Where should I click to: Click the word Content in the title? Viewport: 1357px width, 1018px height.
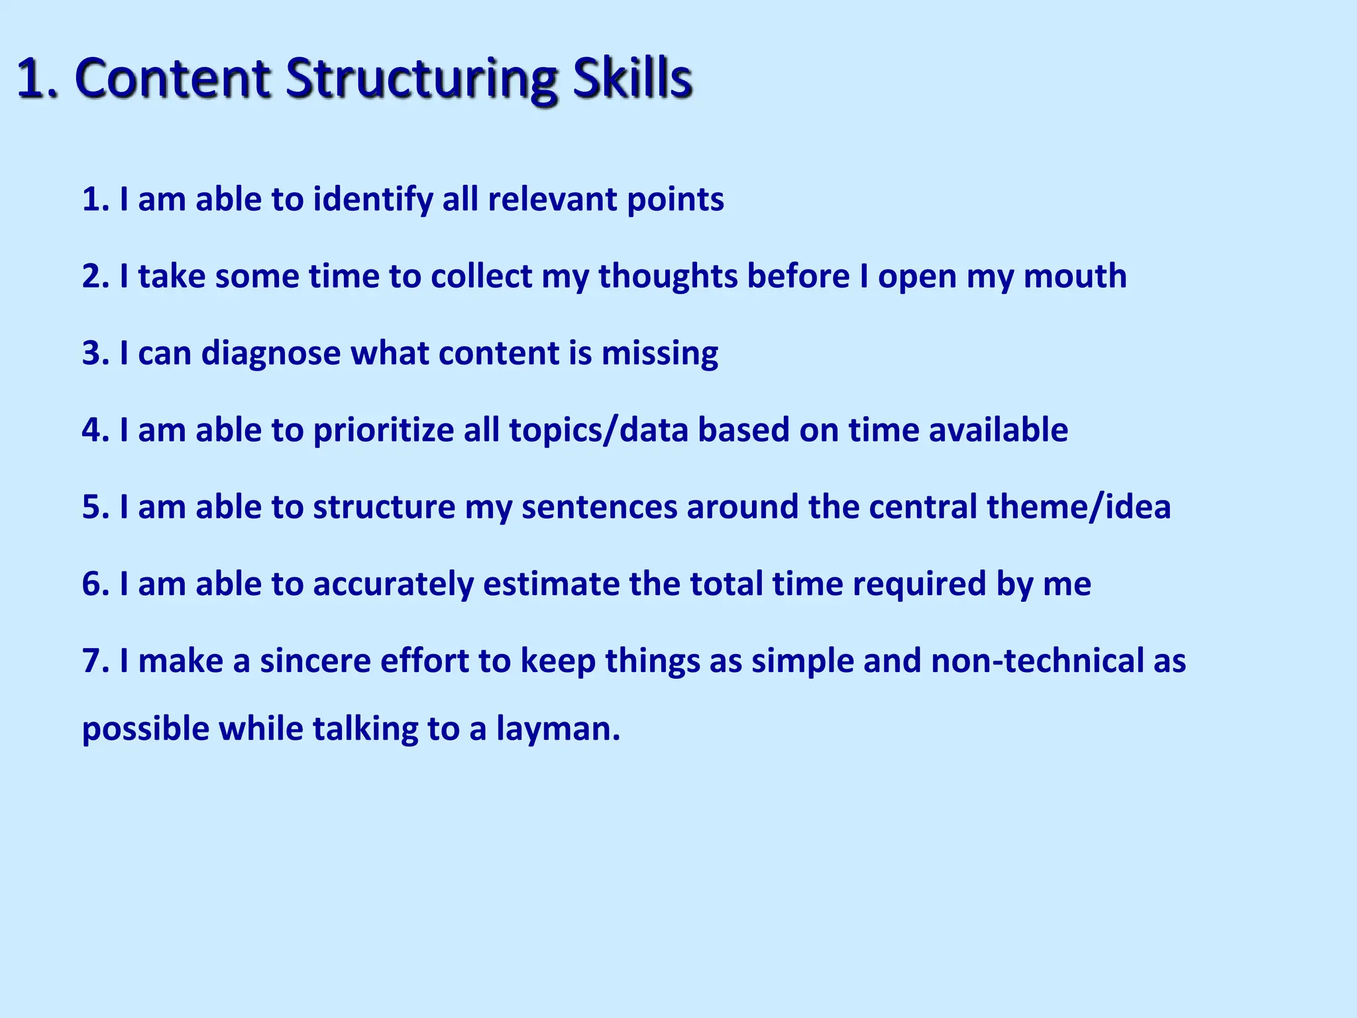click(173, 78)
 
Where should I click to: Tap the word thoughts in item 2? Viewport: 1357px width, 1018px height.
click(668, 276)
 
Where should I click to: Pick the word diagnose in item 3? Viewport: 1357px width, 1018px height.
click(271, 353)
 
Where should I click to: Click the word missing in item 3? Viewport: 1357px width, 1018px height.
click(659, 353)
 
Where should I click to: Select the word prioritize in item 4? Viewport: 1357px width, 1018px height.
click(383, 431)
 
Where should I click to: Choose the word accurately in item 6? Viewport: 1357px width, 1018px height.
click(393, 585)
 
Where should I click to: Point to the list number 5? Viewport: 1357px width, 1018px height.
click(92, 508)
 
